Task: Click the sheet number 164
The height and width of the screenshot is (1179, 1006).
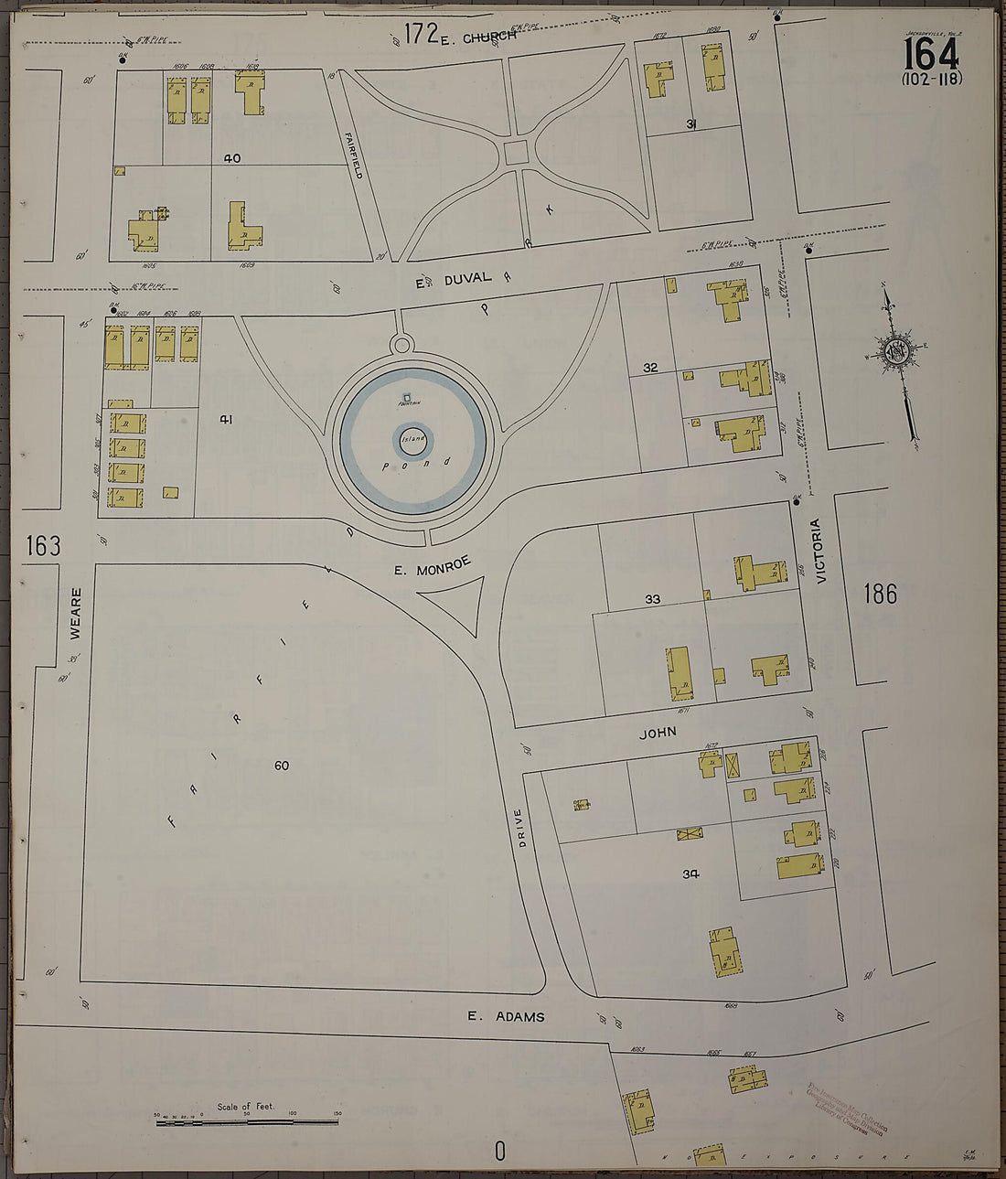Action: pos(931,55)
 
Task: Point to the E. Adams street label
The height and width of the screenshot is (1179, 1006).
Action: pos(506,1016)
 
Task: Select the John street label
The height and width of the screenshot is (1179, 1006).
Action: pos(658,733)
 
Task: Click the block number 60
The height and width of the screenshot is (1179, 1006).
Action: pos(281,765)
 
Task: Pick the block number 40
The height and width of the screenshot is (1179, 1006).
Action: pos(232,158)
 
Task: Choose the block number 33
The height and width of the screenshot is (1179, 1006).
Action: pos(652,599)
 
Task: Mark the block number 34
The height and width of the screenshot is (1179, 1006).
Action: pos(690,874)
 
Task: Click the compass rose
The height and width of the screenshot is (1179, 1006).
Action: pos(897,352)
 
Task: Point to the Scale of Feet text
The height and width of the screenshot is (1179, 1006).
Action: pos(245,1107)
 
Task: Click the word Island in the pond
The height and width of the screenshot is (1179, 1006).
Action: pos(413,439)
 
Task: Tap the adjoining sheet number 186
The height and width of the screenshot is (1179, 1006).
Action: pos(880,595)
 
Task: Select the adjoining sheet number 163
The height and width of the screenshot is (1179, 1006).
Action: pos(43,546)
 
